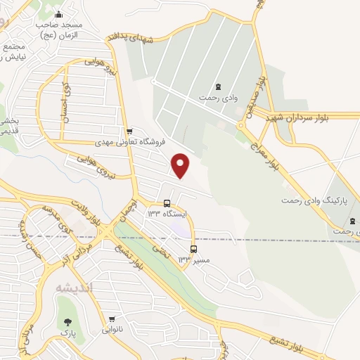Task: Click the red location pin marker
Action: [x=181, y=165]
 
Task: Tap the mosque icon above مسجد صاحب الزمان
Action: [x=59, y=15]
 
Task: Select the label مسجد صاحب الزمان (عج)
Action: [x=59, y=29]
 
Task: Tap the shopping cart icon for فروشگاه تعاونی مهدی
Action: [x=128, y=131]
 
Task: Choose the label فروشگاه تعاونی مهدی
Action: [x=130, y=142]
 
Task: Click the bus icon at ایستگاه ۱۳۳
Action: [x=167, y=203]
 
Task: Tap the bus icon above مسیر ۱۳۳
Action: [x=193, y=249]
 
